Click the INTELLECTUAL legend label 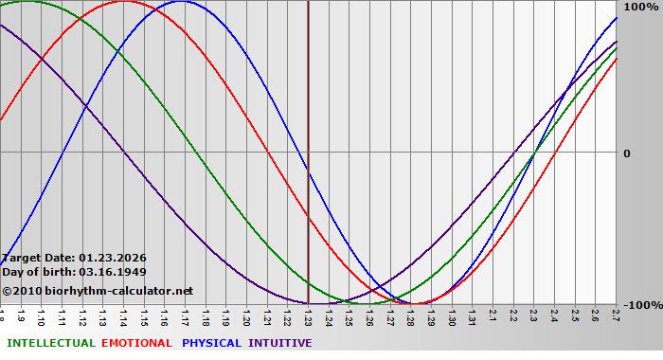pos(50,343)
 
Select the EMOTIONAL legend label pos(136,343)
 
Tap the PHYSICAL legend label pos(211,343)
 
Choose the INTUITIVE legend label pos(280,343)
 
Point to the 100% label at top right pos(640,7)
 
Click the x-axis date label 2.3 pos(533,315)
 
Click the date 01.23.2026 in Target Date pos(113,257)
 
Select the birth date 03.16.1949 pos(113,272)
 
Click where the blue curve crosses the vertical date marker pos(308,167)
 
